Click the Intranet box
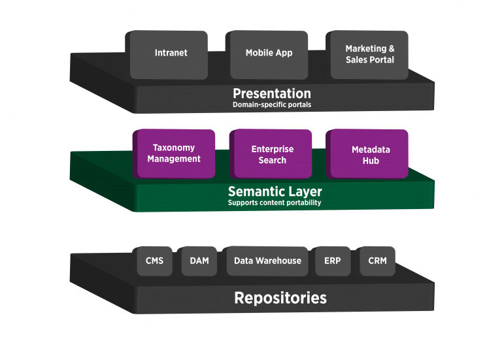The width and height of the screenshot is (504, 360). pos(171,54)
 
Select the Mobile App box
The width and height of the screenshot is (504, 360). pos(269,54)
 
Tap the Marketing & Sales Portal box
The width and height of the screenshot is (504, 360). pos(369,54)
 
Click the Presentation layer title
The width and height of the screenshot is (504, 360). pos(271,93)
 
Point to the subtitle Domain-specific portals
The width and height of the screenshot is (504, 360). pos(271,105)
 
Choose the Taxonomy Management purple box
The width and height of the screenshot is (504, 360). pos(174,154)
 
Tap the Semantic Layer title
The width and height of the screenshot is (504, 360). pos(275,192)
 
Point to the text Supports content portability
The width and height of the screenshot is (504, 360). pos(275,203)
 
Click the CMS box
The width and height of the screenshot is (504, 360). pos(154,261)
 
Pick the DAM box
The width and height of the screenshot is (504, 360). pos(199,261)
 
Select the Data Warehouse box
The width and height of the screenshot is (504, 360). pos(267,261)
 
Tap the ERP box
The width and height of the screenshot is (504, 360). pos(332,261)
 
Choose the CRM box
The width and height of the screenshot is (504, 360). pos(377,261)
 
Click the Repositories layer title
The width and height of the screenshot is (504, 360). pos(280,299)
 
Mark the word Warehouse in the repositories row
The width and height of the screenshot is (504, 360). pos(279,261)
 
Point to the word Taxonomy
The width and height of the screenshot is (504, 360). pos(174,148)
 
